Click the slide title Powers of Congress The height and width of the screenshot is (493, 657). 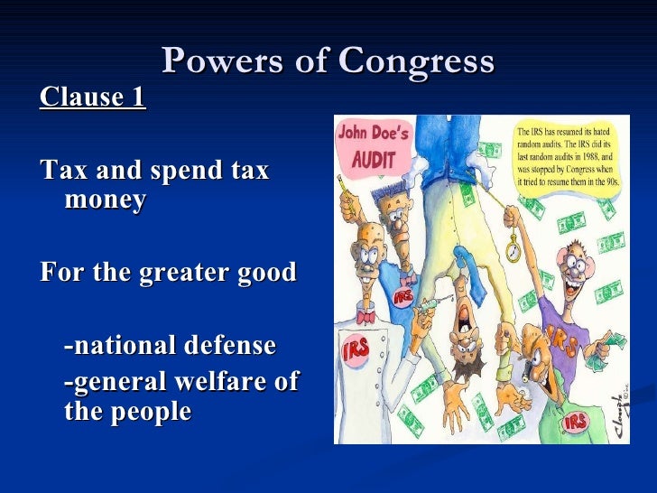[x=328, y=61]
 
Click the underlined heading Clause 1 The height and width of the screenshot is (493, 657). [x=92, y=97]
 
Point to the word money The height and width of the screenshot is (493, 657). [x=105, y=200]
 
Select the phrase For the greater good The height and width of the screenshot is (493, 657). [x=168, y=272]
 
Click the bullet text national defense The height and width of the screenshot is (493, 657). [x=171, y=345]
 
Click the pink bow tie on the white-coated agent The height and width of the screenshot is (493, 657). [x=366, y=317]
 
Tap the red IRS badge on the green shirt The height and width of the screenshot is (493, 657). [x=575, y=422]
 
